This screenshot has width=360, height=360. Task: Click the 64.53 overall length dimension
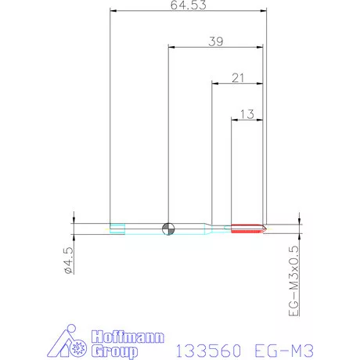click(x=189, y=5)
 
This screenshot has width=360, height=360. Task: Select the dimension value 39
click(x=216, y=41)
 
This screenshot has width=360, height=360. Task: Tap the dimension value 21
click(x=238, y=78)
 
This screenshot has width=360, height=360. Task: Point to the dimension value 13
click(x=247, y=114)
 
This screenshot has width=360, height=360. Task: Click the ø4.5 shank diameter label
click(x=68, y=260)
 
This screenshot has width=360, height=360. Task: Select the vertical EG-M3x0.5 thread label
click(x=293, y=281)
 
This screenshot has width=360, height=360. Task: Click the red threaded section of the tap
click(x=247, y=229)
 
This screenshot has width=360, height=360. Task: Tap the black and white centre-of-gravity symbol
click(x=168, y=229)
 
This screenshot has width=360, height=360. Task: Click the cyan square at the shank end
click(x=117, y=229)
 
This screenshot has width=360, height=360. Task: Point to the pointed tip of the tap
click(x=266, y=229)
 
